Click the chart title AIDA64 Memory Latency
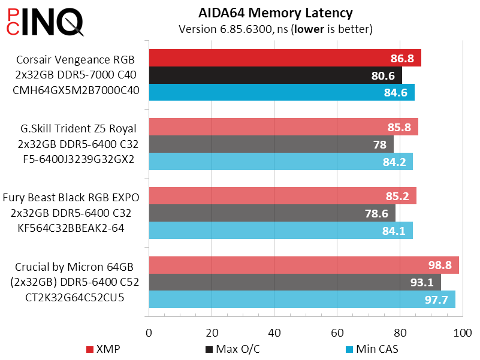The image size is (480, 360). pyautogui.click(x=275, y=13)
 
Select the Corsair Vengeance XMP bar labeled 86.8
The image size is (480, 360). pyautogui.click(x=285, y=58)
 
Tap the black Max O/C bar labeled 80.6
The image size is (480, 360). pyautogui.click(x=275, y=75)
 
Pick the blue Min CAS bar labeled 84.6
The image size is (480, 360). pyautogui.click(x=281, y=93)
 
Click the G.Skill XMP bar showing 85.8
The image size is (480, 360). pyautogui.click(x=283, y=127)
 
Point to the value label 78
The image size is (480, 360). pyautogui.click(x=379, y=144)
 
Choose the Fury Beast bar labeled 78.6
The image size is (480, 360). pyautogui.click(x=271, y=213)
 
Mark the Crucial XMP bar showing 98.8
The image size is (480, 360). pyautogui.click(x=303, y=265)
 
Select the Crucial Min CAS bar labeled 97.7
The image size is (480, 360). pyautogui.click(x=301, y=300)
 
